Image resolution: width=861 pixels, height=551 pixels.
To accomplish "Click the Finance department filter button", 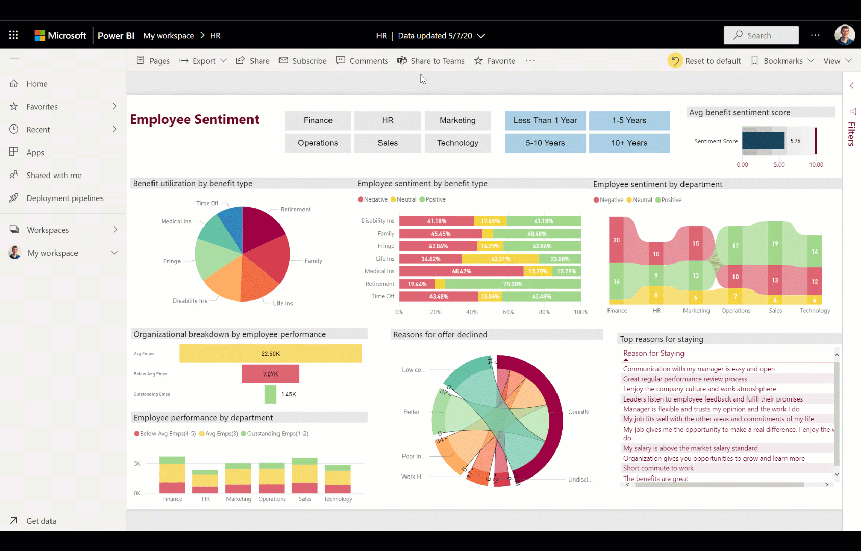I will point(318,120).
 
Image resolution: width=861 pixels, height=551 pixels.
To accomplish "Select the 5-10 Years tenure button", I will point(545,143).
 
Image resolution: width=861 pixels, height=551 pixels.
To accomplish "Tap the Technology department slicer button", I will point(458,143).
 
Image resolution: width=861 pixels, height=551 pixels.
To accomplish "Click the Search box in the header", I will point(761,35).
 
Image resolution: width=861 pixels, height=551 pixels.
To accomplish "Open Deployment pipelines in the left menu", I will point(64,198).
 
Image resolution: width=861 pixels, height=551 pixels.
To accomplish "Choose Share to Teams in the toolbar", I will point(431,61).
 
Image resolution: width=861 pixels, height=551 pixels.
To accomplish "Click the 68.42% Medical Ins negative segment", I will point(461,271).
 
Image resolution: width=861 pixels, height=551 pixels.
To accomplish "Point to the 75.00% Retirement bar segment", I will point(512,284).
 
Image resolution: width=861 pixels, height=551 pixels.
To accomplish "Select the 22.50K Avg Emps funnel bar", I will point(270,354).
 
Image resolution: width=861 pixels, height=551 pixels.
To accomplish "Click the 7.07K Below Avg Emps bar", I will point(270,374).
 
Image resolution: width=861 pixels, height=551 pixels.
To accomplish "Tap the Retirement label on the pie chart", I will point(295,209).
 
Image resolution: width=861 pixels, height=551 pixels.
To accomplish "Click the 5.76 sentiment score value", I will point(795,141).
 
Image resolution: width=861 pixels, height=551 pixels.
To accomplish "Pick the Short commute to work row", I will point(658,468).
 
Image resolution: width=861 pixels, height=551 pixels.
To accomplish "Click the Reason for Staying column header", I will point(653,353).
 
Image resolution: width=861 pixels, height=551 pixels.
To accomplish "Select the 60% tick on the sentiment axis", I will point(508,312).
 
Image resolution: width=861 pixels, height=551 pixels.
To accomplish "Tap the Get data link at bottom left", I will point(41,521).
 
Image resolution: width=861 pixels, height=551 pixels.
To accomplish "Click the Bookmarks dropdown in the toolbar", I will point(782,61).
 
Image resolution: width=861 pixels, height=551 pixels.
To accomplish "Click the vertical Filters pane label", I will point(851,134).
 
